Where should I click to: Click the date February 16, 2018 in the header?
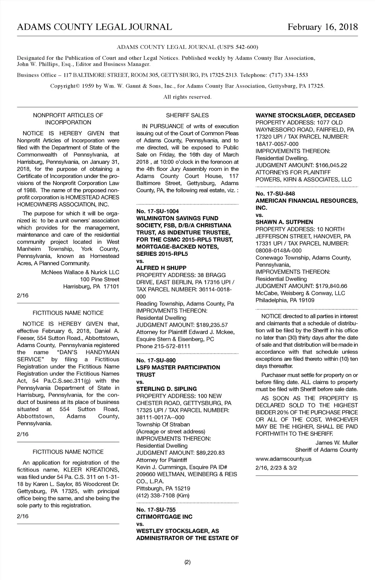322,27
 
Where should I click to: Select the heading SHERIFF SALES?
187,115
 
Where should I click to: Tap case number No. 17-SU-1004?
157,211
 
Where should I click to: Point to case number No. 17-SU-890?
156,360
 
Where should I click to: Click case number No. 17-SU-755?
156,510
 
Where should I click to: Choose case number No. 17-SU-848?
275,194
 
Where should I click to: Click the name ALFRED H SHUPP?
161,268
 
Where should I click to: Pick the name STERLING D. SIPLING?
167,389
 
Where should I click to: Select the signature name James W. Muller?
337,443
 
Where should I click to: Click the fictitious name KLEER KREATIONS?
91,470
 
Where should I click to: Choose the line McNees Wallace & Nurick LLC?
80,272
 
